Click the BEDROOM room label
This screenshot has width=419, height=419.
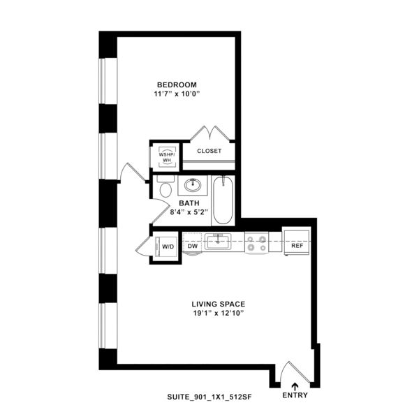point(177,85)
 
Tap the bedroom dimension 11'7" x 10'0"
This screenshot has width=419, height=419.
point(177,94)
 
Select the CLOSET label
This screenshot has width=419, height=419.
point(209,151)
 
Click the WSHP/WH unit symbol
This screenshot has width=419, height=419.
point(167,157)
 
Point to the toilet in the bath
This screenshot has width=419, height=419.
point(166,186)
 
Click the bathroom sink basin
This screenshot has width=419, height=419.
point(193,185)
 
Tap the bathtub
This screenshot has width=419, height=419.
point(223,200)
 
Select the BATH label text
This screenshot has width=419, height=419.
point(189,203)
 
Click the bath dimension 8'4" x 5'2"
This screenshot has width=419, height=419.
point(189,212)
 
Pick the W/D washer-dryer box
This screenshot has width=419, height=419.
point(166,247)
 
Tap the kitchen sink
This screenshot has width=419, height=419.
point(218,242)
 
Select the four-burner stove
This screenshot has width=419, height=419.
point(256,243)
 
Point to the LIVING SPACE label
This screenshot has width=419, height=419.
point(219,304)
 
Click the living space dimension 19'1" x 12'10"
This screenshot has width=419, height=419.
point(219,313)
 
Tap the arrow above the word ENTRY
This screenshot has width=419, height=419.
point(295,387)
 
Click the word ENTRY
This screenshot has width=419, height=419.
point(295,395)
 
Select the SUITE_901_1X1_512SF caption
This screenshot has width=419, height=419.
point(209,397)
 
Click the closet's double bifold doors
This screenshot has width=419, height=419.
point(210,133)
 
